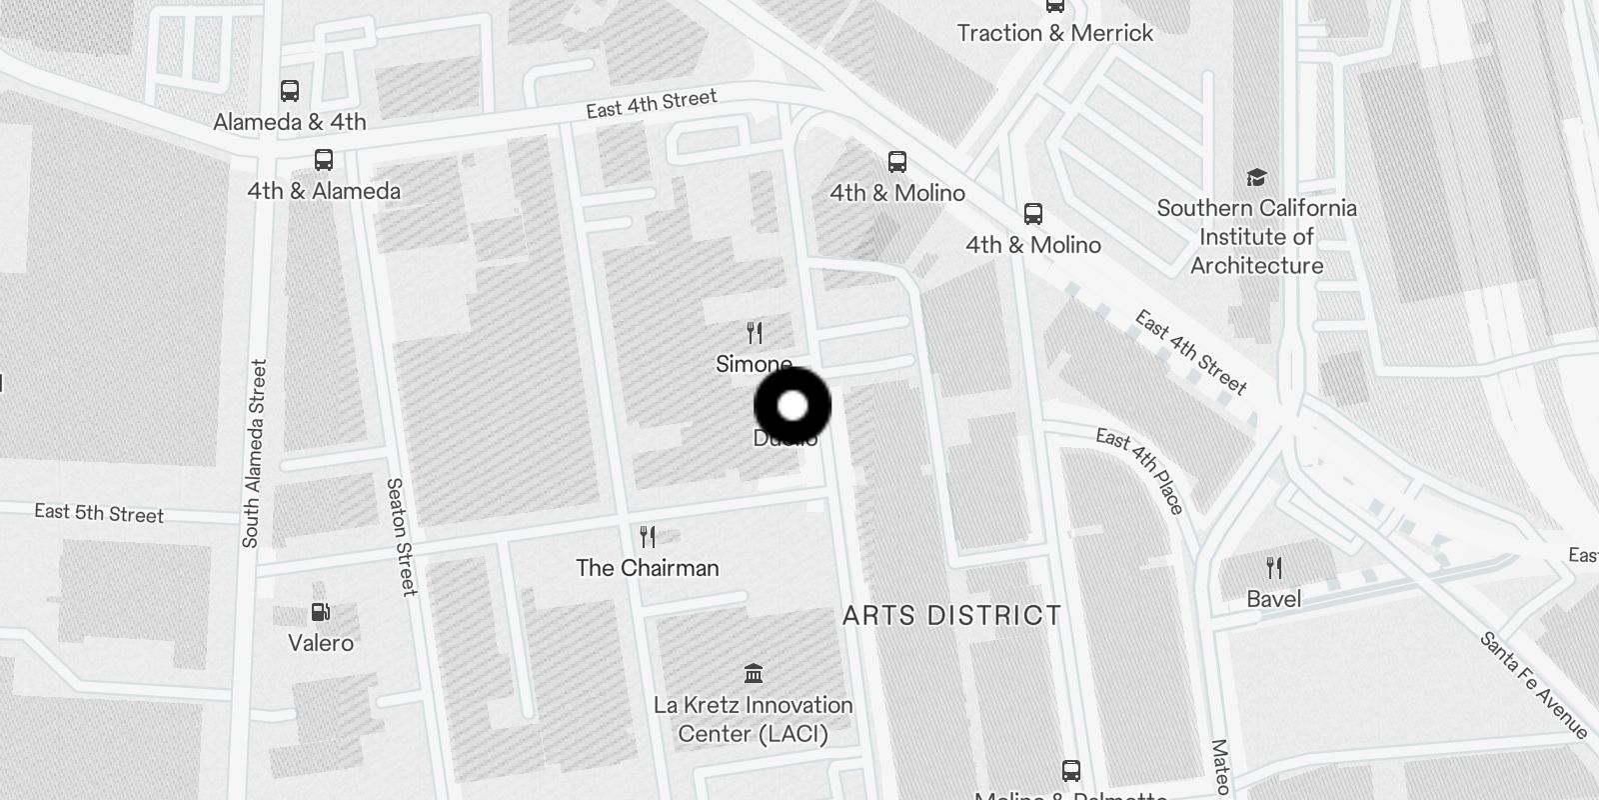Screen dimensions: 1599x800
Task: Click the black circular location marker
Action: (x=793, y=406)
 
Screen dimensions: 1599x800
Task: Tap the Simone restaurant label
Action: (x=754, y=364)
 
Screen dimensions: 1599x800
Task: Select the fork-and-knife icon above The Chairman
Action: (x=648, y=538)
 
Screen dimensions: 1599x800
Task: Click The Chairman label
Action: (x=648, y=568)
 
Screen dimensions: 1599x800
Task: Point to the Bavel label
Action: (x=1274, y=599)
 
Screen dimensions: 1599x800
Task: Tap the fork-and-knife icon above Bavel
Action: (x=1274, y=569)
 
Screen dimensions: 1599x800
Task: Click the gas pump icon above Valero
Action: (x=321, y=613)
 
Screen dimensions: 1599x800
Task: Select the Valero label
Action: (x=321, y=643)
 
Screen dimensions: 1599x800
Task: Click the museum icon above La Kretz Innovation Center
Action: (x=755, y=673)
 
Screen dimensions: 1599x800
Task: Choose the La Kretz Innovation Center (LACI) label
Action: (x=754, y=719)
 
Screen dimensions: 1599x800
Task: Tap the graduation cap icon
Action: (x=1256, y=178)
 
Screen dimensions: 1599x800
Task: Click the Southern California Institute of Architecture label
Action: (x=1256, y=237)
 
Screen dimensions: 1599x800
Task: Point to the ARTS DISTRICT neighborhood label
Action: (x=951, y=615)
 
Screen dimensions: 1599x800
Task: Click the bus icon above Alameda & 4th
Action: (x=290, y=91)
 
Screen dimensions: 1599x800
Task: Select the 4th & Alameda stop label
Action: (x=324, y=191)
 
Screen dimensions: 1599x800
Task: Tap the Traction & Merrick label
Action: (x=1054, y=33)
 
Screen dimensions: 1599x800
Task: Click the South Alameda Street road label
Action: (x=254, y=453)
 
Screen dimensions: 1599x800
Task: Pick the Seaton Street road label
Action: (x=401, y=536)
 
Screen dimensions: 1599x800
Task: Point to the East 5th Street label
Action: (x=99, y=513)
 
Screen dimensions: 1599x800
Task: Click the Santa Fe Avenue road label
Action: (x=1533, y=685)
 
